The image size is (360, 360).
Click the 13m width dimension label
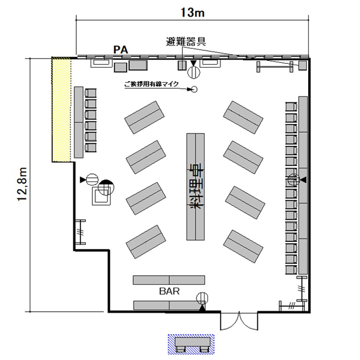192,12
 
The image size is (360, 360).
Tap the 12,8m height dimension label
22,184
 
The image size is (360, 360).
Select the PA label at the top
120,50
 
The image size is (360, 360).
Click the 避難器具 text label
186,42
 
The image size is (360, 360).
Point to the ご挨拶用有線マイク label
151,84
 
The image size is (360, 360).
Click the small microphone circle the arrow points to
194,89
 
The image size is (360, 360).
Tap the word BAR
169,291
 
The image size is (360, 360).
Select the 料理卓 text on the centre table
196,186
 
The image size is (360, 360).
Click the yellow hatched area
61,110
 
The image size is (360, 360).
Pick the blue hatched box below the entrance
191,344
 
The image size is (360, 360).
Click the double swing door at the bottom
239,321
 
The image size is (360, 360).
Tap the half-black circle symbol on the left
106,187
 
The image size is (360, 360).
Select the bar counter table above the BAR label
169,280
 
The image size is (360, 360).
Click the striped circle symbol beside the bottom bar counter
202,298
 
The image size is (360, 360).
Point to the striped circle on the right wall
294,180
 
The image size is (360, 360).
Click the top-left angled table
144,117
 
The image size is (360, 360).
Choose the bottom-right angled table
243,246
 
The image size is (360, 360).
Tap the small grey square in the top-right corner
302,65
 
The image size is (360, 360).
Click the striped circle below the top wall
194,72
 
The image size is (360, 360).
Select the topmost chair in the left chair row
90,93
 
